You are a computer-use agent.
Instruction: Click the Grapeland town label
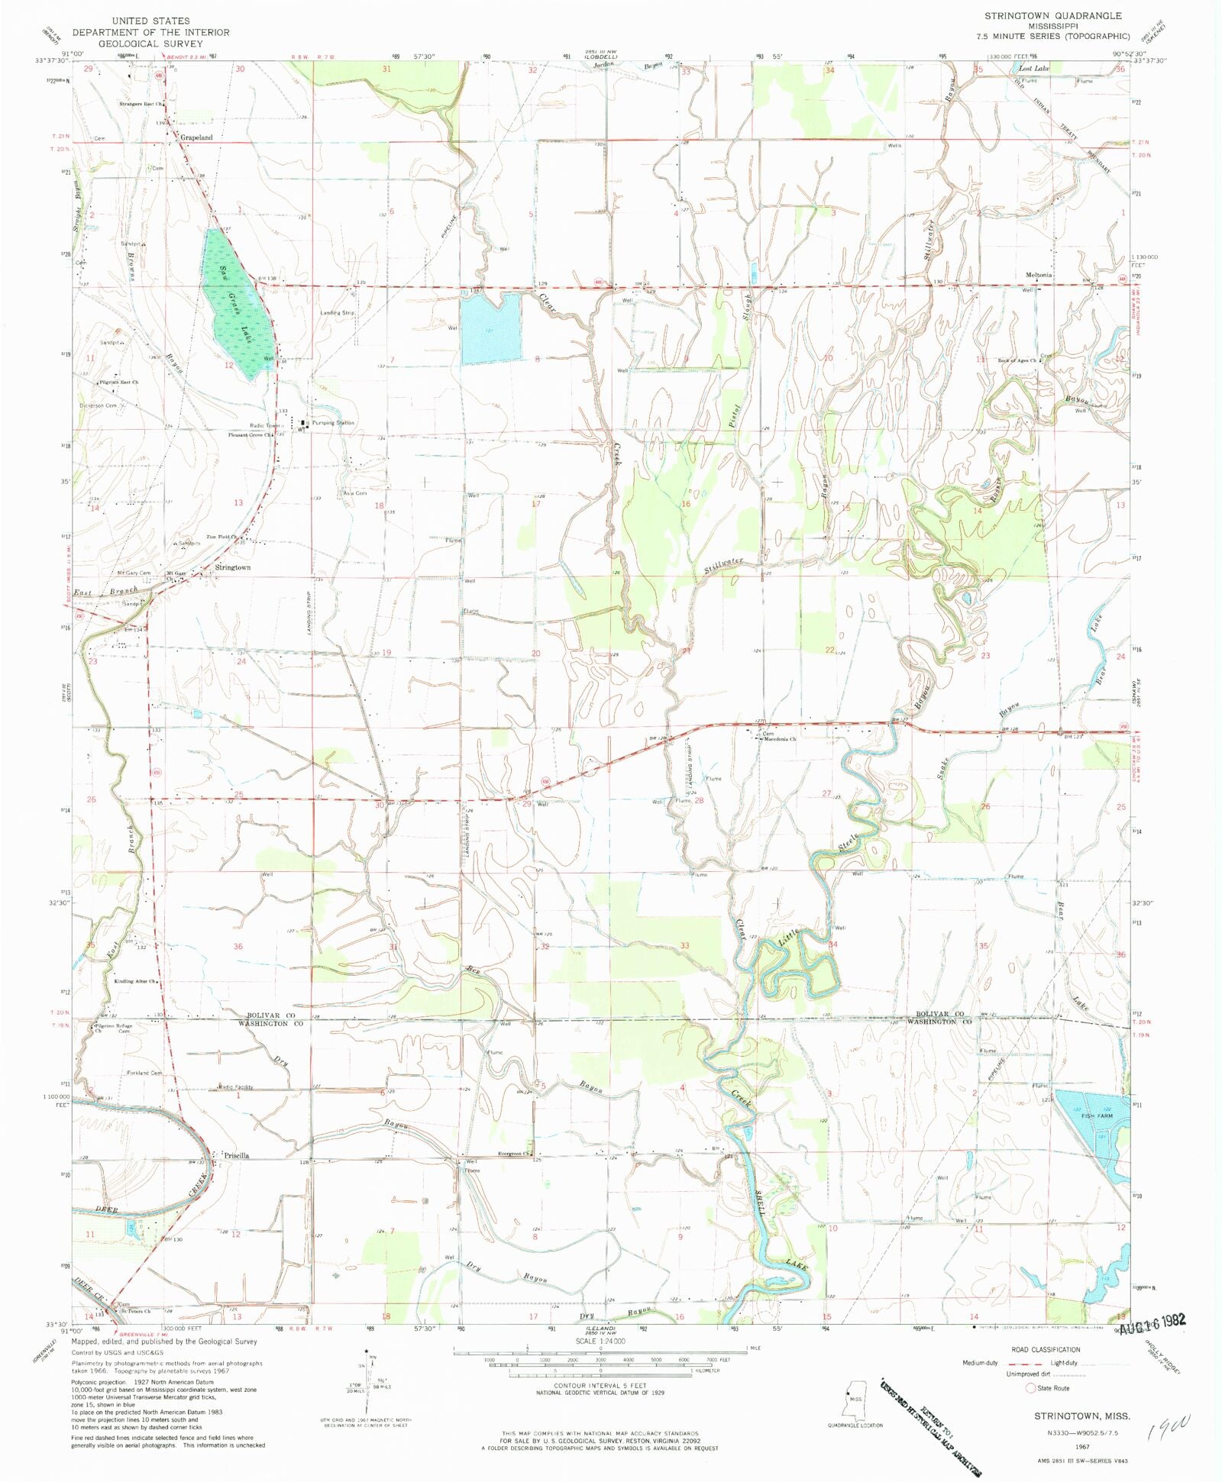point(196,137)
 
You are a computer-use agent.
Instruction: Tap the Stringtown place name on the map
point(232,568)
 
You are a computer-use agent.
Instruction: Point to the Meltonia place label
point(1039,275)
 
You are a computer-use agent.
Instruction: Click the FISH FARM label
point(1097,1116)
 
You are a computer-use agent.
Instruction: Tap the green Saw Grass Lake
point(236,305)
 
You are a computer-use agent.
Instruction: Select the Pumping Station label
point(333,422)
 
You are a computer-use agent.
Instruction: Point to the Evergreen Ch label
point(514,1154)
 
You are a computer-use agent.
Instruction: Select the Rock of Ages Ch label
point(1017,360)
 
